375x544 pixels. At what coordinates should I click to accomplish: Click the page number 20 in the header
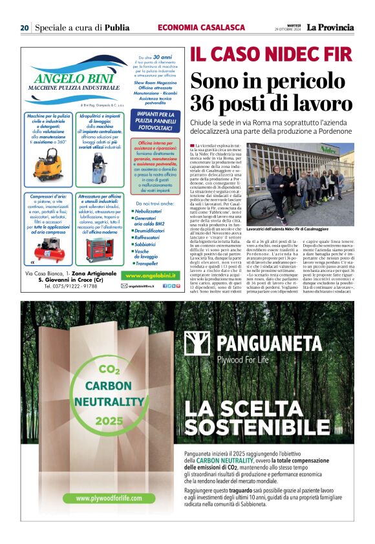click(24, 28)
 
